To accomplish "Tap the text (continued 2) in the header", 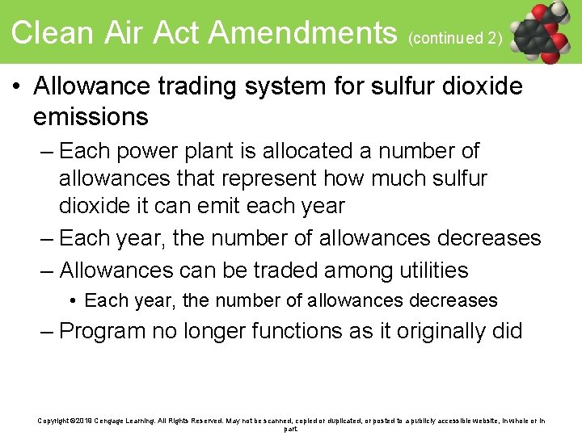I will coord(456,37).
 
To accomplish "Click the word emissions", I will coord(91,117).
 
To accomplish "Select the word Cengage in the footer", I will coord(116,421).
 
